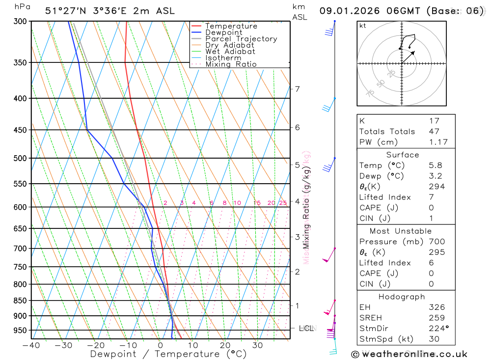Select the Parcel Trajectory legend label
(241, 39)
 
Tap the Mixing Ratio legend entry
(231, 64)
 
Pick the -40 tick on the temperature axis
(31, 345)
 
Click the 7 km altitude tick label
(297, 89)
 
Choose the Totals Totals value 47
(434, 131)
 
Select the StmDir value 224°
(438, 329)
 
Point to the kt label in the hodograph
(363, 26)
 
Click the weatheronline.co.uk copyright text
(409, 354)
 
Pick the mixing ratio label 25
(283, 203)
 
